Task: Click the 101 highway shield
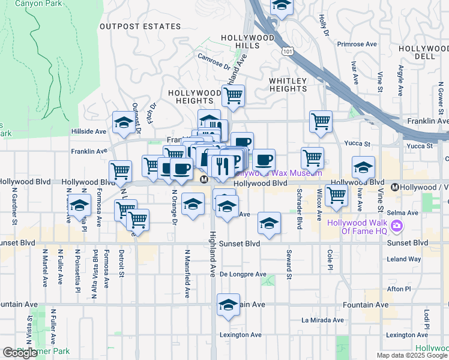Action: [288, 52]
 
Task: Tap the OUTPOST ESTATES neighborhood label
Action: [140, 26]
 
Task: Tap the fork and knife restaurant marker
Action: [223, 165]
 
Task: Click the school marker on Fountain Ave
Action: [228, 305]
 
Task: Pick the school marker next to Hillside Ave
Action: [124, 122]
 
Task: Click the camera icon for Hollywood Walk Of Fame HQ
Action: [396, 226]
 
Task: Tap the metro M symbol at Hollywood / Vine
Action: [395, 187]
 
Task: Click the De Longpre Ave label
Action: [243, 274]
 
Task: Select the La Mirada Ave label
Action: [322, 320]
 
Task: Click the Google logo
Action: [20, 353]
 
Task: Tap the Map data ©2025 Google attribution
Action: [412, 355]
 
